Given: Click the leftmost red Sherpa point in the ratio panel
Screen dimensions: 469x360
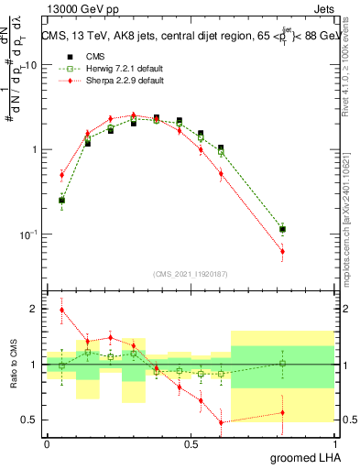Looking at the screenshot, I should point(62,310).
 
